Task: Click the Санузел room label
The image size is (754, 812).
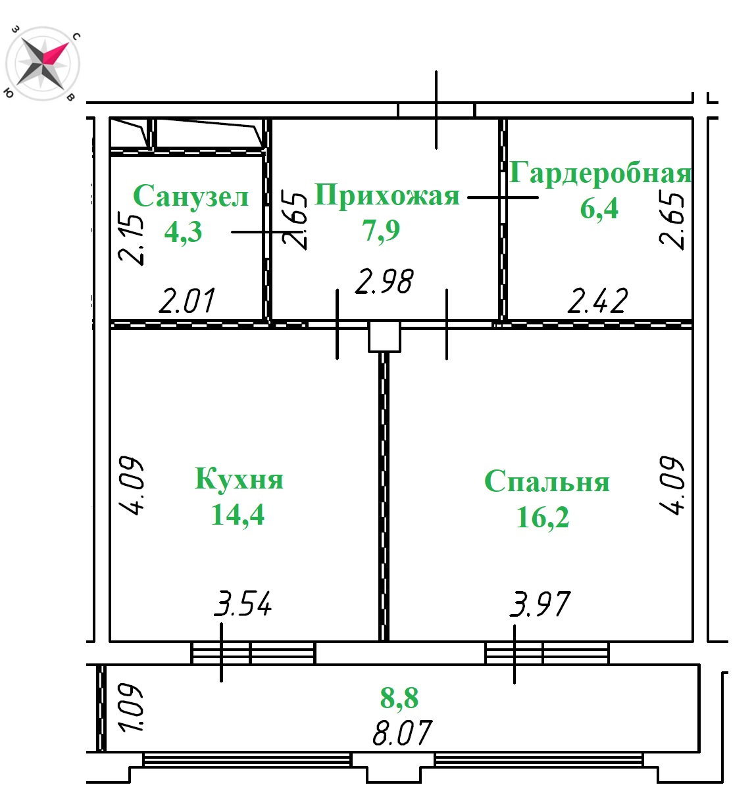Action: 191,196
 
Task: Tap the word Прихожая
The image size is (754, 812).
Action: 387,195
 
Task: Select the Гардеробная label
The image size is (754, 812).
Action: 600,172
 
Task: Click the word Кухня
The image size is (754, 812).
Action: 239,478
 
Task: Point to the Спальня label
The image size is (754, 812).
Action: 547,481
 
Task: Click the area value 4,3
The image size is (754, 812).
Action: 183,231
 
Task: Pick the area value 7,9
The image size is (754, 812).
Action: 381,229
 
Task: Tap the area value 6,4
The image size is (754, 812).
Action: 599,208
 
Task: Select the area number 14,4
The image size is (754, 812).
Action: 238,514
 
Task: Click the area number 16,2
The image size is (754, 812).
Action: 542,517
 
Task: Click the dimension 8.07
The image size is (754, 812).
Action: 403,733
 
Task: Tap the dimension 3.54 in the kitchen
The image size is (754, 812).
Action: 243,603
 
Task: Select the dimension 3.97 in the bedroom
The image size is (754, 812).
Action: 540,604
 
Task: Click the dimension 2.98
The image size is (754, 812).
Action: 384,281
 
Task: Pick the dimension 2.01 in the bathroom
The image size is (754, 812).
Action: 187,300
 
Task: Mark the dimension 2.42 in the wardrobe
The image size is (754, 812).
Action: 597,300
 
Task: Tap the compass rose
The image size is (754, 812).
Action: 43,63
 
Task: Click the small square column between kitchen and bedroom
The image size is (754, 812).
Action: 384,336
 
